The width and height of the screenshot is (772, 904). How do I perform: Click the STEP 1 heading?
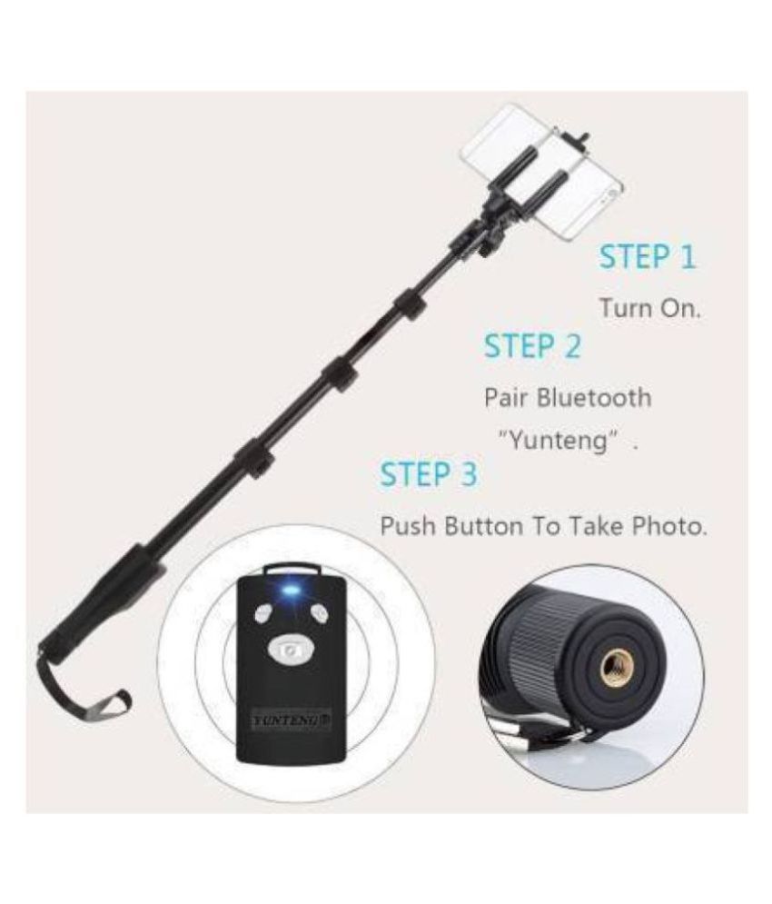[x=647, y=257]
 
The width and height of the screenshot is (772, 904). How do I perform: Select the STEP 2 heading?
[x=531, y=346]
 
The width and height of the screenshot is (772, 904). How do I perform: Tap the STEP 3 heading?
[x=427, y=473]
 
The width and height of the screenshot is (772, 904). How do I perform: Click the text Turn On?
[x=649, y=308]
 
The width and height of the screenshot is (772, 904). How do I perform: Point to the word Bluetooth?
[x=595, y=397]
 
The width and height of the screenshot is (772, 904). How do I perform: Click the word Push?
[x=408, y=526]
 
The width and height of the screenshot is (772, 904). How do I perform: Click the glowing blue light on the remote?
[x=292, y=591]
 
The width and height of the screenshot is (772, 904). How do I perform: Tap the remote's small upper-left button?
[x=262, y=612]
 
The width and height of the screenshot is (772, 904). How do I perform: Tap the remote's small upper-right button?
[x=319, y=612]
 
